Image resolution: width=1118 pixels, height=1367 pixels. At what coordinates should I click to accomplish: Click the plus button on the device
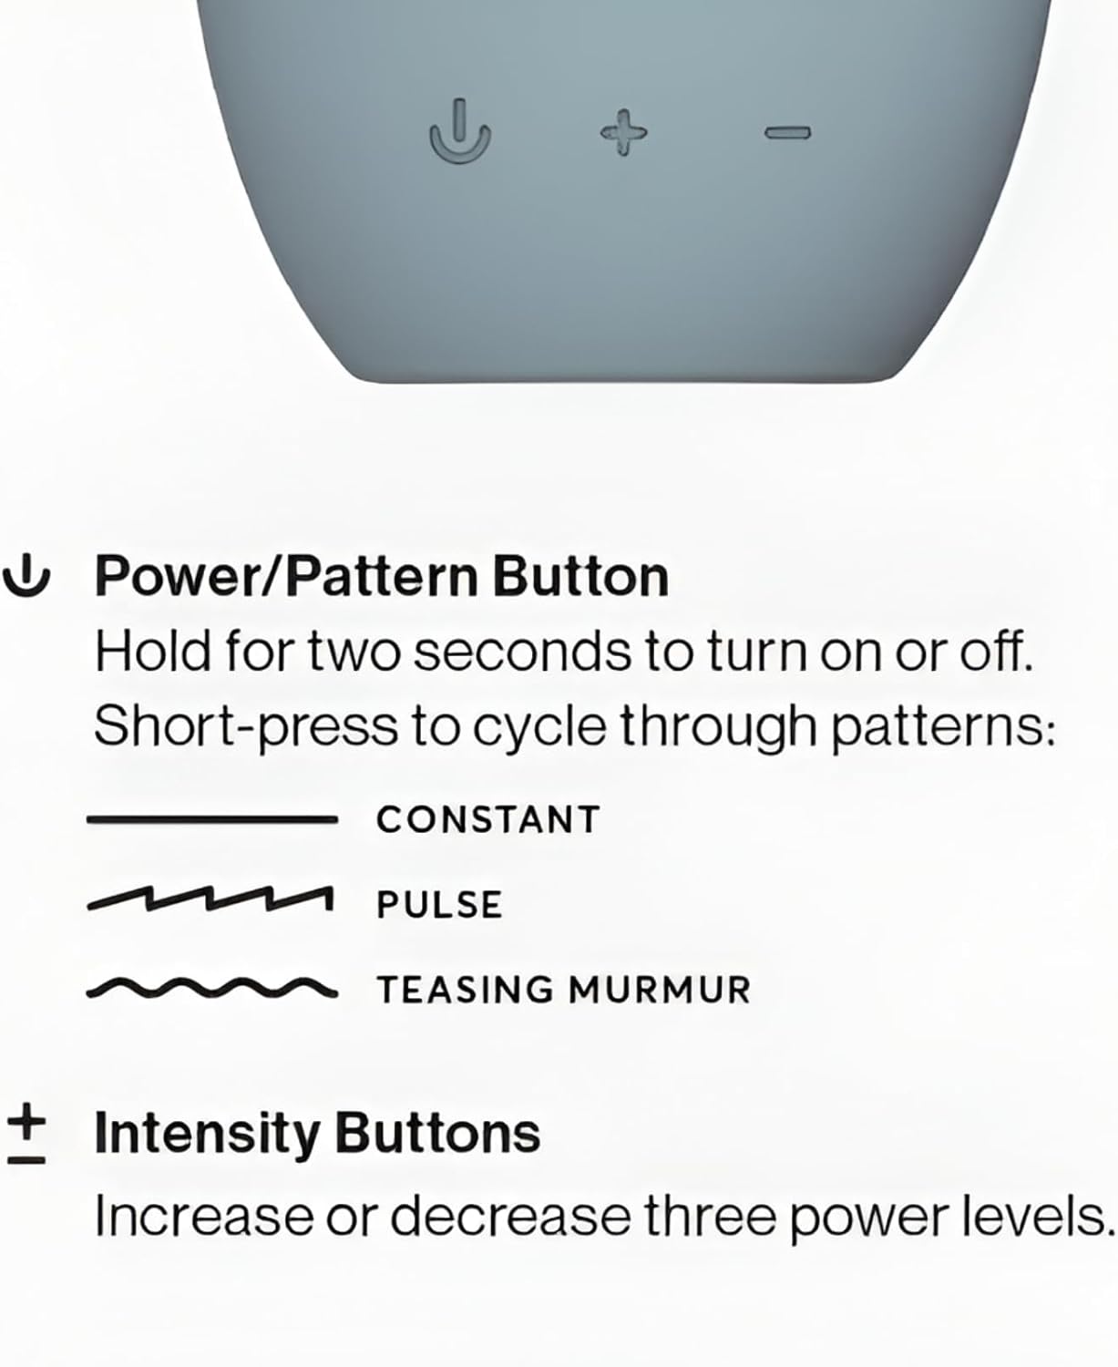pos(623,133)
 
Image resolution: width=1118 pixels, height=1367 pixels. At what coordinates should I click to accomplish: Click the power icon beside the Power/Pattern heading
pos(26,575)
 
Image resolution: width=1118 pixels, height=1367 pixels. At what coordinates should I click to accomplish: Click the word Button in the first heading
pos(580,576)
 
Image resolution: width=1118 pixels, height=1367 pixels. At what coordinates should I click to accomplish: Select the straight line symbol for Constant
pos(212,820)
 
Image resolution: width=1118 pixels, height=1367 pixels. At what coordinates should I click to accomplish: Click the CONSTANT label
pos(488,820)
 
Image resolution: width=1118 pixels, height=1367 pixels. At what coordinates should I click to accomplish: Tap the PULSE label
pos(439,904)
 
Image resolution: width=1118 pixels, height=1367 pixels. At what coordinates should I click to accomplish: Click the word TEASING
pos(466,990)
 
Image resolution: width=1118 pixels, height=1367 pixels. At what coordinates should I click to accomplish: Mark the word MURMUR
pos(659,990)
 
